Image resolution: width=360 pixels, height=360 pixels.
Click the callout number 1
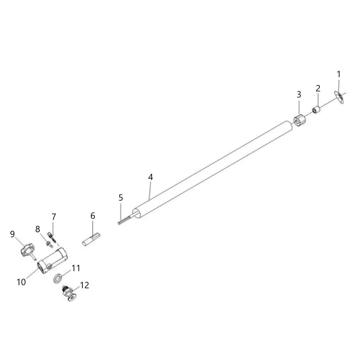click(338, 74)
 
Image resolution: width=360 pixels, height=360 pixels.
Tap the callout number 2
click(318, 88)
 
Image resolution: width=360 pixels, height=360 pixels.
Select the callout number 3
click(299, 94)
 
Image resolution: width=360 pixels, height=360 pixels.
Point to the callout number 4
click(150, 177)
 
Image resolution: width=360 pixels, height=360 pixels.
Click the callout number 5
click(121, 198)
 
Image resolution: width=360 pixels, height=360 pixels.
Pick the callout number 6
click(93, 216)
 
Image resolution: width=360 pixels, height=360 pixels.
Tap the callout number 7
click(54, 217)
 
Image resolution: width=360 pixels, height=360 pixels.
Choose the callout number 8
click(38, 229)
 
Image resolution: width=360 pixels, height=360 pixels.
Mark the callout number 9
click(13, 234)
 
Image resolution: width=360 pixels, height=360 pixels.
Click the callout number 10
click(21, 282)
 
